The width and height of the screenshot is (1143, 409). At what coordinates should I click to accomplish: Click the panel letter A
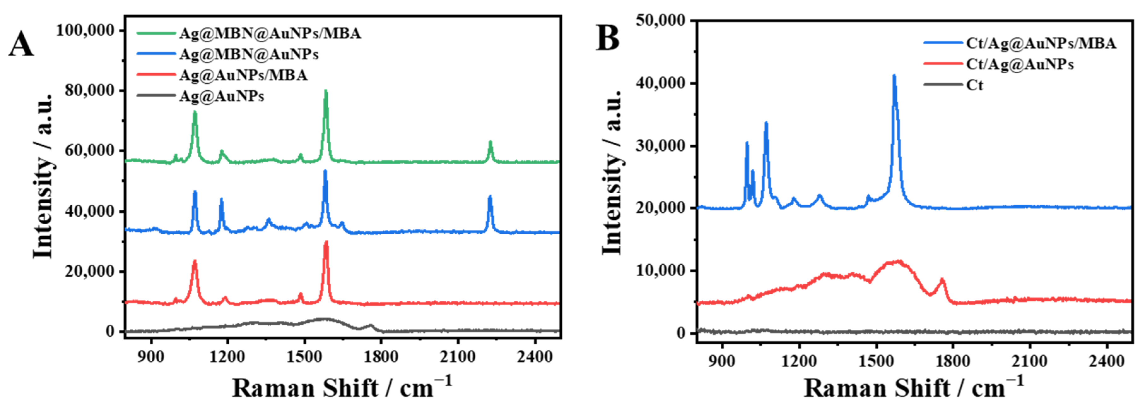[x=21, y=45]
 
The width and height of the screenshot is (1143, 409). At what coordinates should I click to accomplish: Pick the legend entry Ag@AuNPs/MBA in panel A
[x=243, y=75]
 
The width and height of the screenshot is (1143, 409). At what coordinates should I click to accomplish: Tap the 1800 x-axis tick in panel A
[x=381, y=357]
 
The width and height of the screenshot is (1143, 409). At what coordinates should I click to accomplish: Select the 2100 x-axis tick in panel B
[x=1029, y=361]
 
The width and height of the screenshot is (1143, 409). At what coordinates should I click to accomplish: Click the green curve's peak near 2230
[x=490, y=142]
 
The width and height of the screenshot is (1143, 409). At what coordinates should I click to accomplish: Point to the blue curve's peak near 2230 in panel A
[x=490, y=197]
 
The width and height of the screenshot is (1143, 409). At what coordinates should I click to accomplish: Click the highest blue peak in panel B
[x=894, y=76]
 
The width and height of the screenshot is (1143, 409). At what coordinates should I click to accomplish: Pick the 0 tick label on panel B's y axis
[x=681, y=333]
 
